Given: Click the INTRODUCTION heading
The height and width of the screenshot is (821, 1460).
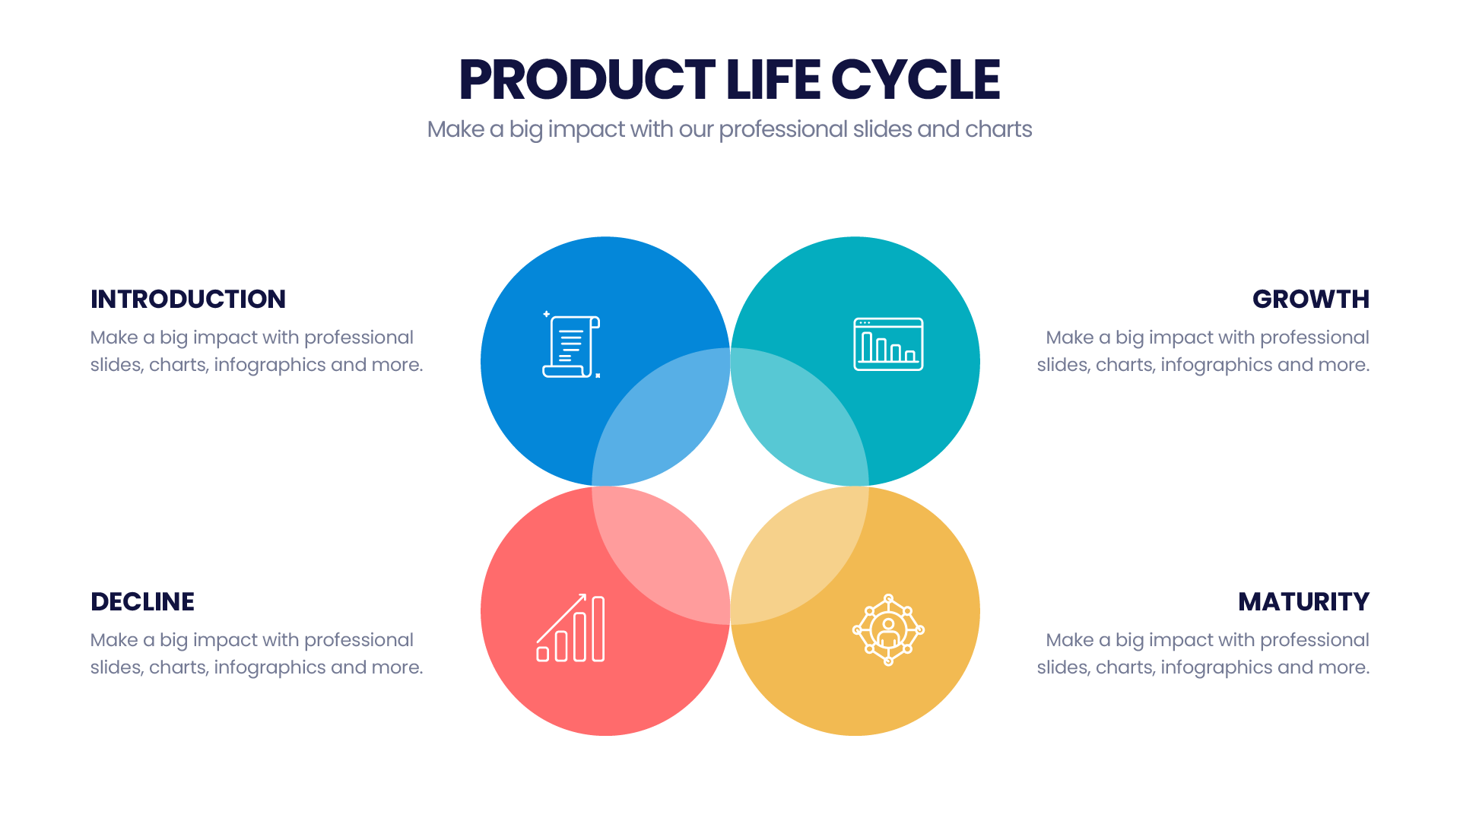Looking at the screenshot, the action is (x=188, y=299).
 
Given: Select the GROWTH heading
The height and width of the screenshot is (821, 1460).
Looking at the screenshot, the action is (x=1311, y=299).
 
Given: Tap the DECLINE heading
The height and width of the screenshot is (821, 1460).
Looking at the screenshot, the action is (x=142, y=601).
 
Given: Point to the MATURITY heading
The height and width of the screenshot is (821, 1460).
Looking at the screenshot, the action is (x=1303, y=601).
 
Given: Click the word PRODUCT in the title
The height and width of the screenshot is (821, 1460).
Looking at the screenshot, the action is (x=587, y=80).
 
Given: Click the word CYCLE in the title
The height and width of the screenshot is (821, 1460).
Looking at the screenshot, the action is (x=916, y=80).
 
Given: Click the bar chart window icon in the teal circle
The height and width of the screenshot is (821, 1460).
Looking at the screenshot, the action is (x=888, y=344).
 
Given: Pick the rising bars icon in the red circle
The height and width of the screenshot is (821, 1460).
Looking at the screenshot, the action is (x=571, y=628).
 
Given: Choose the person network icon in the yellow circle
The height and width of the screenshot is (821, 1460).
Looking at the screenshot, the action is (x=888, y=630).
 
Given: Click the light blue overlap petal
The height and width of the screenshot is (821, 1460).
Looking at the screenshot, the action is (x=661, y=417).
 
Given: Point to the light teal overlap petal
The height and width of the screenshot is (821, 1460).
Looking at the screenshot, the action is (x=799, y=417).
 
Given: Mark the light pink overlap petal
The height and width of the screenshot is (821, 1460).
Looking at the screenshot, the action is (x=661, y=556).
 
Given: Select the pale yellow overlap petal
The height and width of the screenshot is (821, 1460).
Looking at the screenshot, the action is (x=799, y=556).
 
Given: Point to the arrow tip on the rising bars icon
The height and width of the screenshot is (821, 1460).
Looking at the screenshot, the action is (x=585, y=594).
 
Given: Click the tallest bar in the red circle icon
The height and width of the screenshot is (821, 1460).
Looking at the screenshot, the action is (x=598, y=629).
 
